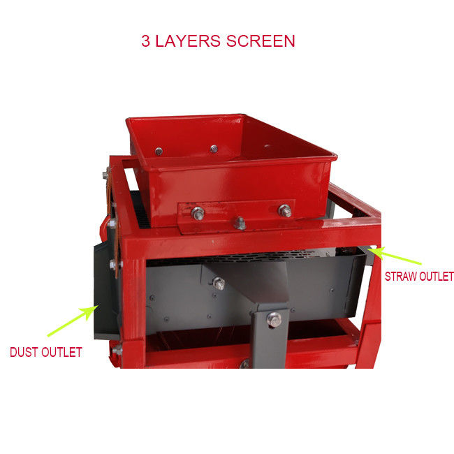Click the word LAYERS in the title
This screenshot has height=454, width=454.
coord(188,41)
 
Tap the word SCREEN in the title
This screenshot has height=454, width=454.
coord(261,41)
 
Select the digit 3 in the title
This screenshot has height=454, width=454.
coord(146,41)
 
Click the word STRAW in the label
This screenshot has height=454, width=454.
coord(401,276)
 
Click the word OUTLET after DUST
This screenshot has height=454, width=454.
coord(61,352)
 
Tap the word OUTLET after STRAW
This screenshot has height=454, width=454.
coord(437,276)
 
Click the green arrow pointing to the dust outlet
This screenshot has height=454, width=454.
coord(73,321)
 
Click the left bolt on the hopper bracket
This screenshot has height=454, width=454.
coord(198,214)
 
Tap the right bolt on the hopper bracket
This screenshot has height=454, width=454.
coord(284,210)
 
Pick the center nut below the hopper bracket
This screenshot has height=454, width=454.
coord(240,224)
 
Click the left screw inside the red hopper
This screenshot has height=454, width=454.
coord(159,151)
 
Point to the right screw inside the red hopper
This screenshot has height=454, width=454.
coord(214,149)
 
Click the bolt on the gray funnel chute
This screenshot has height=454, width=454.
coord(219,284)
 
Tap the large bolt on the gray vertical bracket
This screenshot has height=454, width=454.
coord(274,319)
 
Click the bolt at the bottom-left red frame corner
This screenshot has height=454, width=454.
coord(117,351)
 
